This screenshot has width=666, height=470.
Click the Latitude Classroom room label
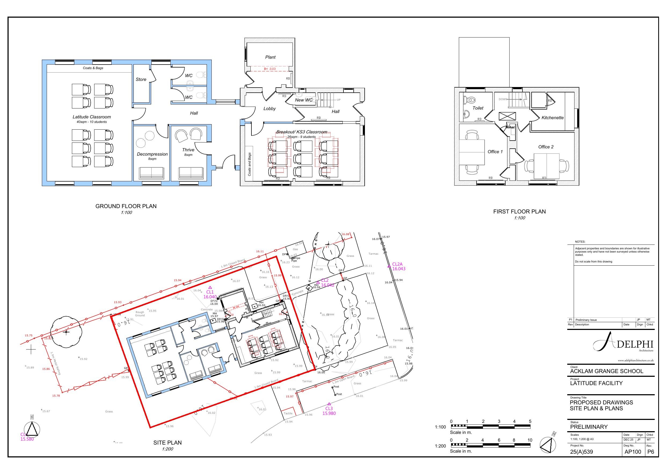tap(92, 117)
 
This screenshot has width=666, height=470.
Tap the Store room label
tap(141, 79)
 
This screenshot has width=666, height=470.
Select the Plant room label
tap(270, 57)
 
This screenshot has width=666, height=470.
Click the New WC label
tap(304, 100)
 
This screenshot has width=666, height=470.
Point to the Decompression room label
tap(152, 154)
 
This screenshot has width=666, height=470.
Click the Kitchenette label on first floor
tap(552, 118)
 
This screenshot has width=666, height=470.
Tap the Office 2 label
tap(546, 147)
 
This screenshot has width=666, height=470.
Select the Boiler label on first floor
tap(511, 127)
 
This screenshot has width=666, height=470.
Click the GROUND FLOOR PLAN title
tap(126, 206)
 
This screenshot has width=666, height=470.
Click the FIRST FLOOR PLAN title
tap(519, 212)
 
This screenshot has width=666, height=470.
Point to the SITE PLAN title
tap(168, 442)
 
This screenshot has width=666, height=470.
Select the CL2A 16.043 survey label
tap(398, 266)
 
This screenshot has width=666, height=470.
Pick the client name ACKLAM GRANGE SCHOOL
tap(606, 371)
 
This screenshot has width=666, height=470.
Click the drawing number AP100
tap(633, 452)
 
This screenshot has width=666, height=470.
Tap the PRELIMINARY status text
tap(588, 427)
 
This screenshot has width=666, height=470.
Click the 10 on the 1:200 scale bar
tap(530, 440)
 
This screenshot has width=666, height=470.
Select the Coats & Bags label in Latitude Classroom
tap(93, 68)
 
